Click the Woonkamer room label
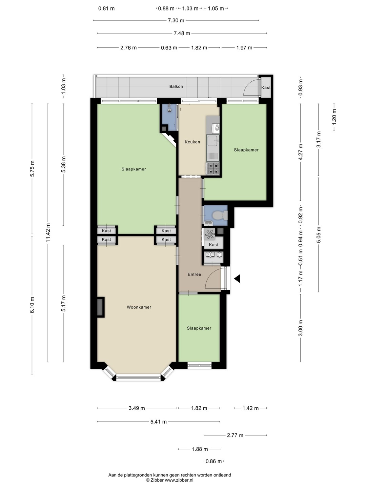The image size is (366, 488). [139, 307]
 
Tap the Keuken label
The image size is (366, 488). [192, 142]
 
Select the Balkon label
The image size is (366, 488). [176, 86]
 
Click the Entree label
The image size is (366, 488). [194, 274]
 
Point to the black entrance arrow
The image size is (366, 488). [237, 279]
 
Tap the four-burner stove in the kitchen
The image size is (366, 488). [213, 168]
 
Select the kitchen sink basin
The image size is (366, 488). [212, 141]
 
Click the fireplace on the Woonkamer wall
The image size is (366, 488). [100, 307]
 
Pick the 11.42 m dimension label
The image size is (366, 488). [48, 232]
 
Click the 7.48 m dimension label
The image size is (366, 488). [182, 33]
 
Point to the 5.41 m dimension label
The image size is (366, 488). [159, 422]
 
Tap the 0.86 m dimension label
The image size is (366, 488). [213, 461]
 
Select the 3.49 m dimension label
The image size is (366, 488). [137, 408]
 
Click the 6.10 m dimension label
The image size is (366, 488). [33, 305]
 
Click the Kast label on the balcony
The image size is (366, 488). [266, 87]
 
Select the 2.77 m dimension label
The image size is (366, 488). [235, 435]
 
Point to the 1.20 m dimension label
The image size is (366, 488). [334, 117]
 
